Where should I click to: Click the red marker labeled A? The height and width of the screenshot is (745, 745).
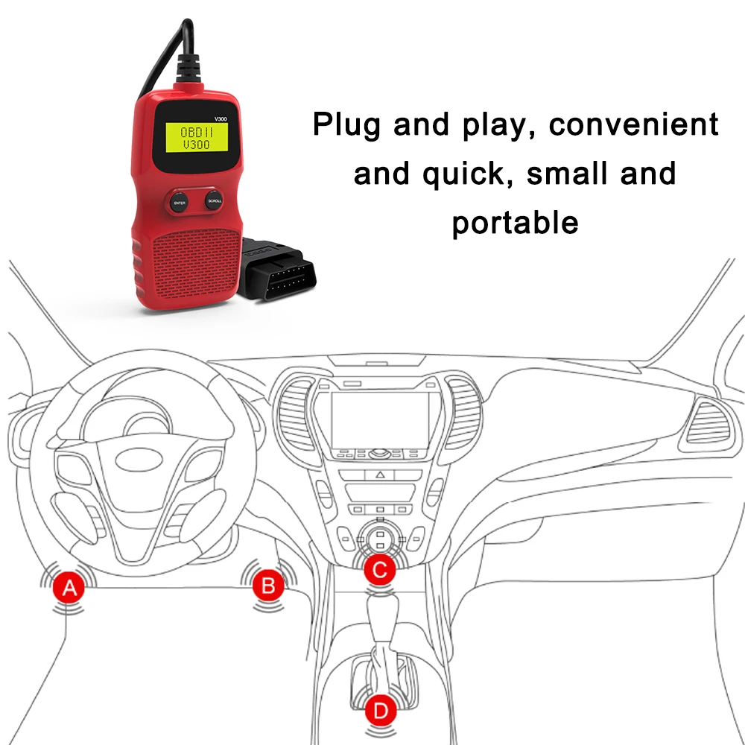click(x=69, y=588)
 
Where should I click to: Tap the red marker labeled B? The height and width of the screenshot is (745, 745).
click(x=268, y=586)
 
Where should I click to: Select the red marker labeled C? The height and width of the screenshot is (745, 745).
click(x=380, y=570)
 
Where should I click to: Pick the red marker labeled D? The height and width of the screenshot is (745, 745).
click(x=381, y=711)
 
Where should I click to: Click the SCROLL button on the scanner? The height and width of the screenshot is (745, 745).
click(x=215, y=201)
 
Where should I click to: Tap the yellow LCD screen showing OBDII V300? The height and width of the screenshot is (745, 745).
click(x=197, y=138)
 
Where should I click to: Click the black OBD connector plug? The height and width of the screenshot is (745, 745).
click(x=276, y=269)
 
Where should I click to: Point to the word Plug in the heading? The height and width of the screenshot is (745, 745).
click(x=346, y=125)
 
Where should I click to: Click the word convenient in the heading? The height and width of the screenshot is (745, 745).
click(x=633, y=124)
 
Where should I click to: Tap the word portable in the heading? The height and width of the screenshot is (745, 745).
click(x=515, y=223)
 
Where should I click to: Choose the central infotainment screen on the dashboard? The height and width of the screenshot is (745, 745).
click(x=380, y=420)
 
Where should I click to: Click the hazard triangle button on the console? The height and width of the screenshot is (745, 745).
click(x=380, y=474)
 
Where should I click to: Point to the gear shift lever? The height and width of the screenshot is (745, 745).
click(x=384, y=637)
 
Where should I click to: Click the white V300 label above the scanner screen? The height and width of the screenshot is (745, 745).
click(x=221, y=118)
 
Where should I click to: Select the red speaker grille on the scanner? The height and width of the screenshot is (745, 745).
click(x=196, y=264)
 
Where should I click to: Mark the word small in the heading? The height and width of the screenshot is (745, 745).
click(x=567, y=173)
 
